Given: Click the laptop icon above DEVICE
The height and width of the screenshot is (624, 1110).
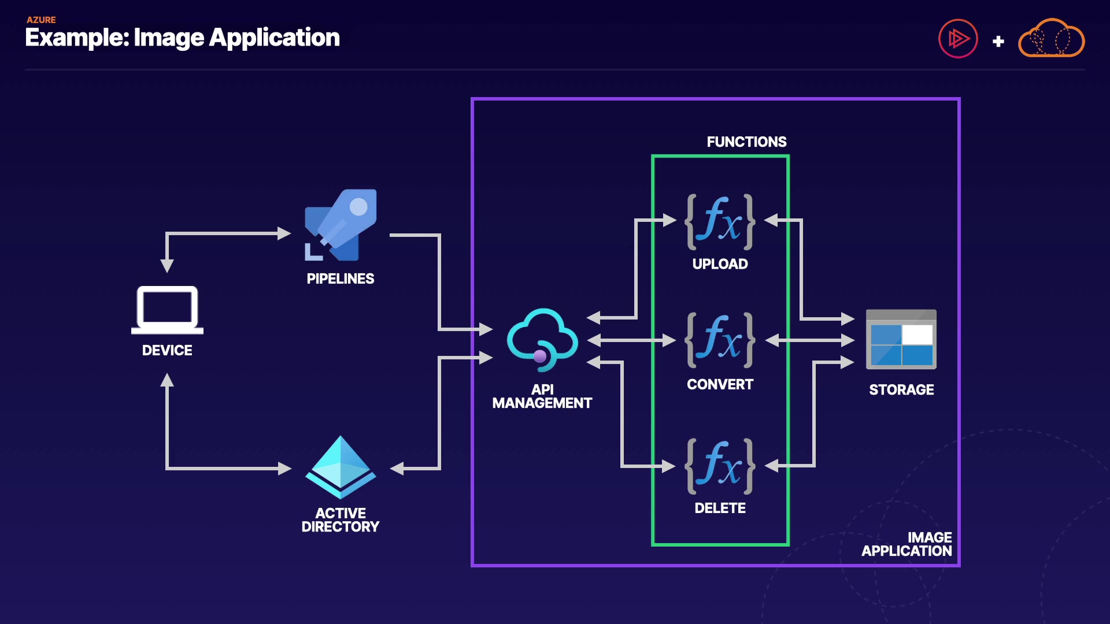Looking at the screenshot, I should tap(167, 310).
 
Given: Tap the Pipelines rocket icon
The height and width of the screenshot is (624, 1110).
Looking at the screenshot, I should tap(341, 225).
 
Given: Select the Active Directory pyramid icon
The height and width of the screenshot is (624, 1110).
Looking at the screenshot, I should tap(341, 467).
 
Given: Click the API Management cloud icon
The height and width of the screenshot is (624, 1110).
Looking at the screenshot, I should tap(542, 340).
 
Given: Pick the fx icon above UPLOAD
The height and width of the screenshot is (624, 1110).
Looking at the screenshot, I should tap(720, 222).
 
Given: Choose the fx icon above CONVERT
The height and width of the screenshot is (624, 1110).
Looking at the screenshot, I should tap(720, 340).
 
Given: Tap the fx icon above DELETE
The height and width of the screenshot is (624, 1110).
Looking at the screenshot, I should tap(720, 466).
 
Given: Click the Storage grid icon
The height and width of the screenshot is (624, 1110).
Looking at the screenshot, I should tap(901, 340).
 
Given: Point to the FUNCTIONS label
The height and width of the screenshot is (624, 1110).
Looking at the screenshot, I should tap(746, 142).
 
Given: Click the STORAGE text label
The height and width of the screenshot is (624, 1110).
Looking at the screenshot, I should tap(901, 390).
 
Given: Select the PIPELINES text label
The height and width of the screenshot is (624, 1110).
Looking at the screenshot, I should tap(341, 279).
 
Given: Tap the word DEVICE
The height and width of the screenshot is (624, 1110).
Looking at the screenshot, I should tap(167, 351).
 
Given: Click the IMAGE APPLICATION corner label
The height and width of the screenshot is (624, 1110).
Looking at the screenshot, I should tap(906, 544).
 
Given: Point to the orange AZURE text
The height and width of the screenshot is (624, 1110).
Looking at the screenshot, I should tap(41, 20).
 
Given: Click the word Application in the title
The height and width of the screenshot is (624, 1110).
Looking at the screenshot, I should tap(274, 38).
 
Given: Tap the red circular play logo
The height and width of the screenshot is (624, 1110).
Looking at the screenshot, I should tap(958, 39).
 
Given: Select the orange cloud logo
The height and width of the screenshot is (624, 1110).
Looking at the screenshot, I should tap(1051, 39).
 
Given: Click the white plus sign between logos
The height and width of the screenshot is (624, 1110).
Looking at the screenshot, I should tap(998, 42).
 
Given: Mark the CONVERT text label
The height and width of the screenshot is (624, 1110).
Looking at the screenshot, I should tap(720, 385).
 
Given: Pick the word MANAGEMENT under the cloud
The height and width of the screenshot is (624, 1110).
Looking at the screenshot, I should tap(542, 403).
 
